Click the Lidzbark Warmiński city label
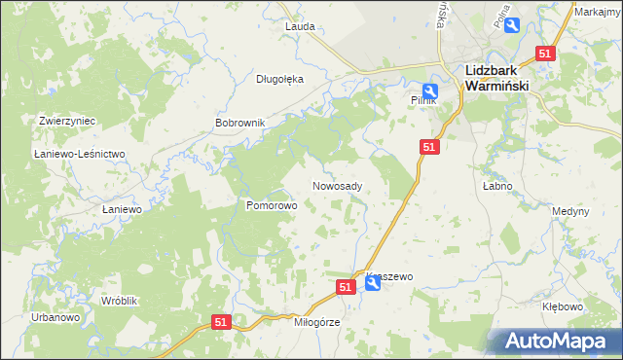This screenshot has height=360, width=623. click(495, 77)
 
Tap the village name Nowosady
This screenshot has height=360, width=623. click(338, 185)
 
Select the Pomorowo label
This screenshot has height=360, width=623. click(271, 206)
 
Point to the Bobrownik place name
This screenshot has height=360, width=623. click(239, 124)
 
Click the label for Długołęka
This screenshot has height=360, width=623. click(279, 80)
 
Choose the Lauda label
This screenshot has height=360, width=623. click(299, 26)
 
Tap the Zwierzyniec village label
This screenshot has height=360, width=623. click(66, 121)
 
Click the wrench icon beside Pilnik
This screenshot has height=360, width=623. click(428, 90)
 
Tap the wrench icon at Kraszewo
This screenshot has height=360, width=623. click(373, 284)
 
